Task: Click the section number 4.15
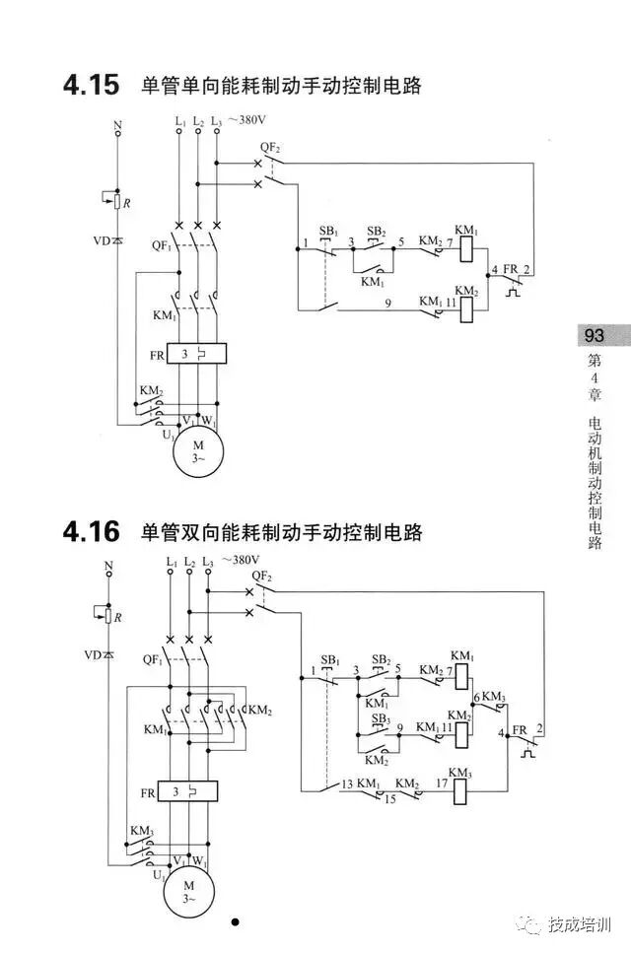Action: tap(90, 86)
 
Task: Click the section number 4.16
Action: tap(90, 533)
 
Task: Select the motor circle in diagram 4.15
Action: tap(198, 452)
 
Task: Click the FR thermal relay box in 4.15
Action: tap(197, 353)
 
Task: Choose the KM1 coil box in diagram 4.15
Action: tap(468, 247)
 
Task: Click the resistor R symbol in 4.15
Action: tap(117, 203)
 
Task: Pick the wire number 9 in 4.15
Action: tap(388, 305)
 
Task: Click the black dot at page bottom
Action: tap(235, 922)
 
